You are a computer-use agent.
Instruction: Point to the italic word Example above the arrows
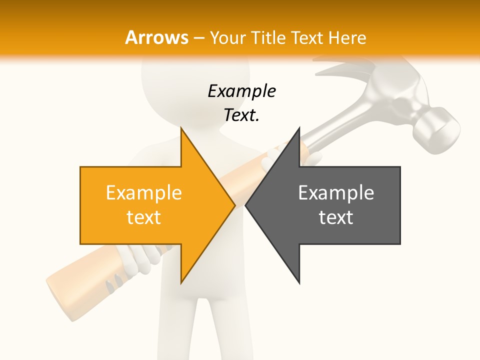[x=241, y=91]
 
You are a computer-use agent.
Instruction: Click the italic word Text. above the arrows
[x=241, y=115]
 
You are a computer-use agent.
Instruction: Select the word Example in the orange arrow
[x=143, y=192]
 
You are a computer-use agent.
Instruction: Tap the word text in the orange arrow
[x=143, y=217]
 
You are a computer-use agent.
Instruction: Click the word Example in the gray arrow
[x=336, y=192]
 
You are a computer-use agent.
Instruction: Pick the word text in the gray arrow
[x=336, y=217]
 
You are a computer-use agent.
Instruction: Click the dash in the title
[x=198, y=37]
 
